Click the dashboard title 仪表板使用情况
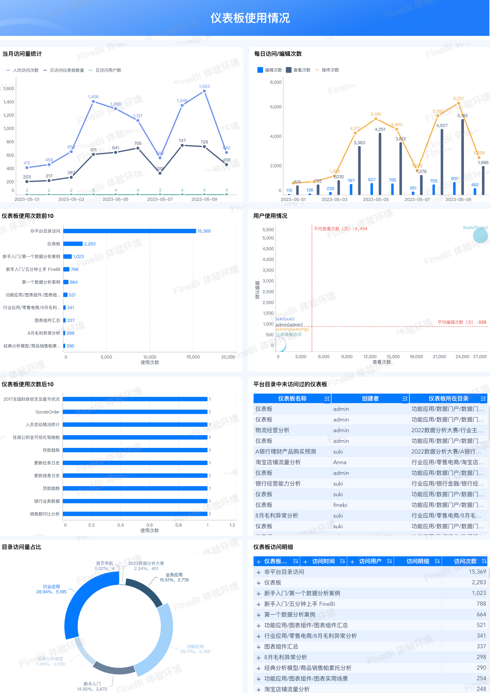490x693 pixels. (x=250, y=18)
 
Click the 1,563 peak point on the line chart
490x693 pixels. (x=204, y=91)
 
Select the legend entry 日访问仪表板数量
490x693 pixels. (x=67, y=70)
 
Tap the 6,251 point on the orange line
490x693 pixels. (x=458, y=103)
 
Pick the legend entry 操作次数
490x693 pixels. (x=330, y=70)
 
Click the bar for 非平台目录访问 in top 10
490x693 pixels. (x=129, y=231)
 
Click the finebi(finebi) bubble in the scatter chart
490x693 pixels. (x=480, y=235)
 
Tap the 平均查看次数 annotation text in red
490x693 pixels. (x=340, y=229)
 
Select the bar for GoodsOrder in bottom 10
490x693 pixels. (x=135, y=412)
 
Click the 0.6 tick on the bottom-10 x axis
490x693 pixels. (x=150, y=525)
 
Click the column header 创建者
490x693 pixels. (x=370, y=399)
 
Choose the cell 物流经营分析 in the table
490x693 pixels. (x=273, y=430)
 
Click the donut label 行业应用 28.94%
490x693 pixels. (x=51, y=589)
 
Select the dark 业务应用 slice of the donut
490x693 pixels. (x=145, y=592)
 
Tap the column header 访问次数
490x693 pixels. (x=465, y=561)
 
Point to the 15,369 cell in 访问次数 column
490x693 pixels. (x=477, y=572)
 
